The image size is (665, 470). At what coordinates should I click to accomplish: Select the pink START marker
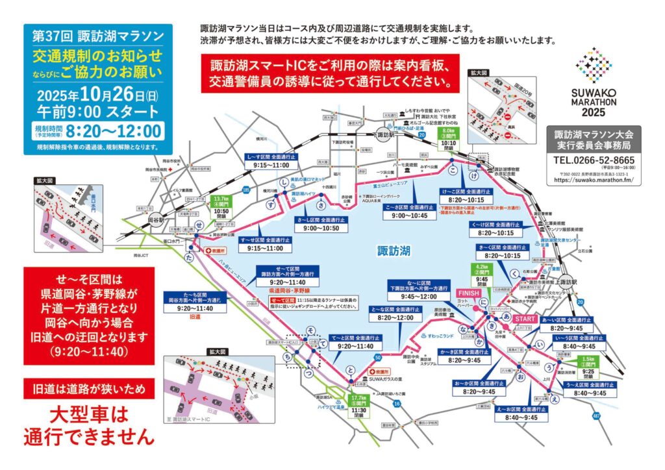(525, 319)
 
